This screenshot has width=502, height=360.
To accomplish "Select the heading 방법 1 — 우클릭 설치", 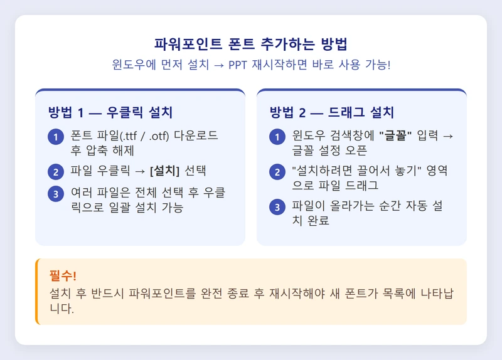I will [x=110, y=113].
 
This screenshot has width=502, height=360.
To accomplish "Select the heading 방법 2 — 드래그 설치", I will [x=332, y=113].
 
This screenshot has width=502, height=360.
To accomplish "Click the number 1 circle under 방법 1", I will [x=56, y=137].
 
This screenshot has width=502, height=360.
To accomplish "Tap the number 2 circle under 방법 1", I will [x=56, y=171].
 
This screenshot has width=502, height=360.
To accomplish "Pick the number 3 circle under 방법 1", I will [x=56, y=194].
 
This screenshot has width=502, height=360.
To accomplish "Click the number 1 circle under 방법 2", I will [x=277, y=137].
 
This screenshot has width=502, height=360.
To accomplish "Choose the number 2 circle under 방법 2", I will [x=277, y=171].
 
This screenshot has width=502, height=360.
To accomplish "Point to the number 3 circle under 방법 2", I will [x=277, y=206].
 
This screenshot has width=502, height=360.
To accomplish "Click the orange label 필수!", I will [x=63, y=276].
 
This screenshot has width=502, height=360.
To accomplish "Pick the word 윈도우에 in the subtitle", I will [x=131, y=65].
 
